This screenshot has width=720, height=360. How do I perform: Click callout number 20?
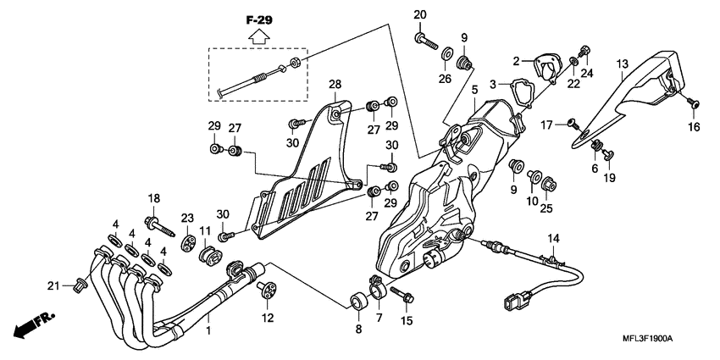click(x=420, y=14)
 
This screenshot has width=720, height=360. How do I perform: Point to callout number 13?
click(x=622, y=64)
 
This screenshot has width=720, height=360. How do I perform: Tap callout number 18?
click(x=153, y=198)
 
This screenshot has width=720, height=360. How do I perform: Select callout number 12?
click(x=268, y=318)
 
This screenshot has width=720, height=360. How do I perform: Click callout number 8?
click(x=357, y=329)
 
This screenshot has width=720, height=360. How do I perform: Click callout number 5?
click(x=475, y=89)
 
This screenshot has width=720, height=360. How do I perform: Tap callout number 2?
click(x=514, y=61)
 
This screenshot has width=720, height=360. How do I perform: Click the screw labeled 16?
click(x=692, y=102)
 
